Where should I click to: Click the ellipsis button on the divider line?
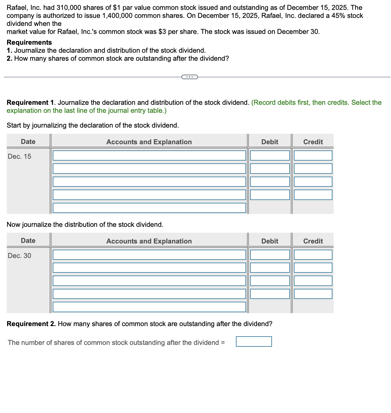point(189,77)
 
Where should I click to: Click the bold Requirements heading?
point(29,42)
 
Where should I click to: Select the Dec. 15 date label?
point(19,157)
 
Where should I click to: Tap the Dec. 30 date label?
point(19,256)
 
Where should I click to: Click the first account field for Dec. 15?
point(149,156)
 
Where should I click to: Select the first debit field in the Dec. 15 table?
point(270,156)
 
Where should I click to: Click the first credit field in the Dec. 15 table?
point(313,156)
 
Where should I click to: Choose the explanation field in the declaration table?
point(149,208)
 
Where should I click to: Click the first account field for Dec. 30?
point(149,255)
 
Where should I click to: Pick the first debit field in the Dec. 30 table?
point(270,255)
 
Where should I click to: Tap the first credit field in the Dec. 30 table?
point(313,255)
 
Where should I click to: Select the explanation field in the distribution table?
point(149,307)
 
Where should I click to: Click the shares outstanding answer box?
point(254,341)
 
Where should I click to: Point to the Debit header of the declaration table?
point(270,142)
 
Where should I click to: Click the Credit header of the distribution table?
point(313,241)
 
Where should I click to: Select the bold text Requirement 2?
point(31,324)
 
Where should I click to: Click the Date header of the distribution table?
point(28,241)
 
